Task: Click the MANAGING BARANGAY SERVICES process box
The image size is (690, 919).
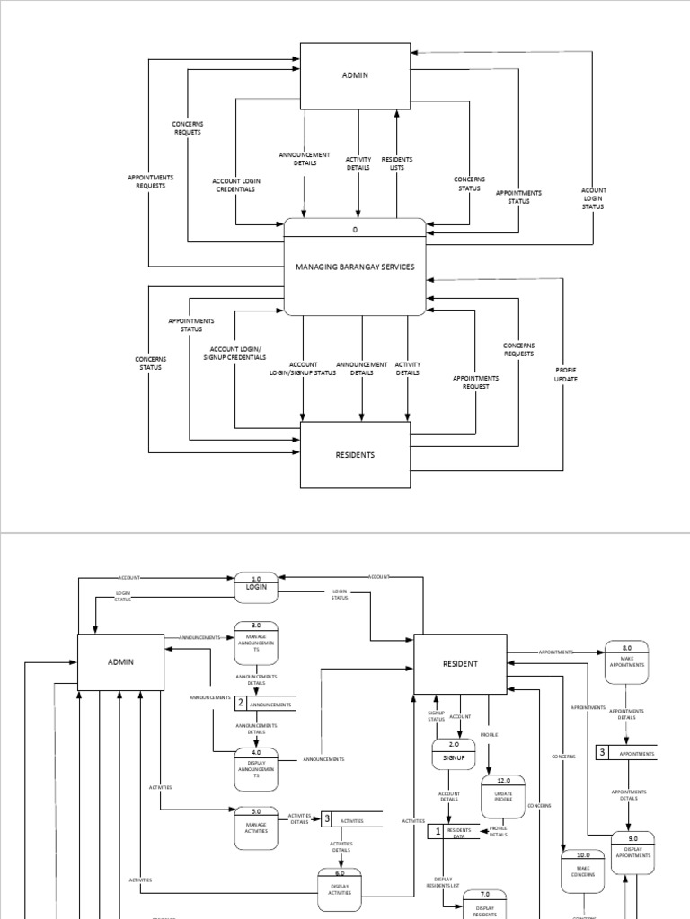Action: coord(355,267)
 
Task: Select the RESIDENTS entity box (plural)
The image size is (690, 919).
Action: coord(355,455)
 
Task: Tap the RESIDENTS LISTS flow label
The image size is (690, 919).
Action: coord(396,163)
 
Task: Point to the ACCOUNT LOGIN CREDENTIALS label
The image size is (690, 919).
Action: coord(234,185)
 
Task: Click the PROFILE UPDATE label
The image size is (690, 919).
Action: coord(566,374)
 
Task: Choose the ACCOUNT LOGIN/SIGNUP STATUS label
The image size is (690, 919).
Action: coord(303,369)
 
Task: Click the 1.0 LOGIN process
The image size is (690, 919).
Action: coord(256,587)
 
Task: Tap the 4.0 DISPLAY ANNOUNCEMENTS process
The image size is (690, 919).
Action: coord(256,769)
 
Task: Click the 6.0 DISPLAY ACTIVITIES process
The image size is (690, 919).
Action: coord(340,885)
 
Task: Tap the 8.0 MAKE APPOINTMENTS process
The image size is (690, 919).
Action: coord(626,661)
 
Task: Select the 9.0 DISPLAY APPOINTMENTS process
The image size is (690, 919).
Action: coord(633,852)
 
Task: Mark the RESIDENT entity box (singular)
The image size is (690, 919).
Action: coord(460,664)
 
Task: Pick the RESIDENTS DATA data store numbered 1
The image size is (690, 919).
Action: coord(454,832)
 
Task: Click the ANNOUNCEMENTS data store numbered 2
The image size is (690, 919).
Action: coord(265,705)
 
